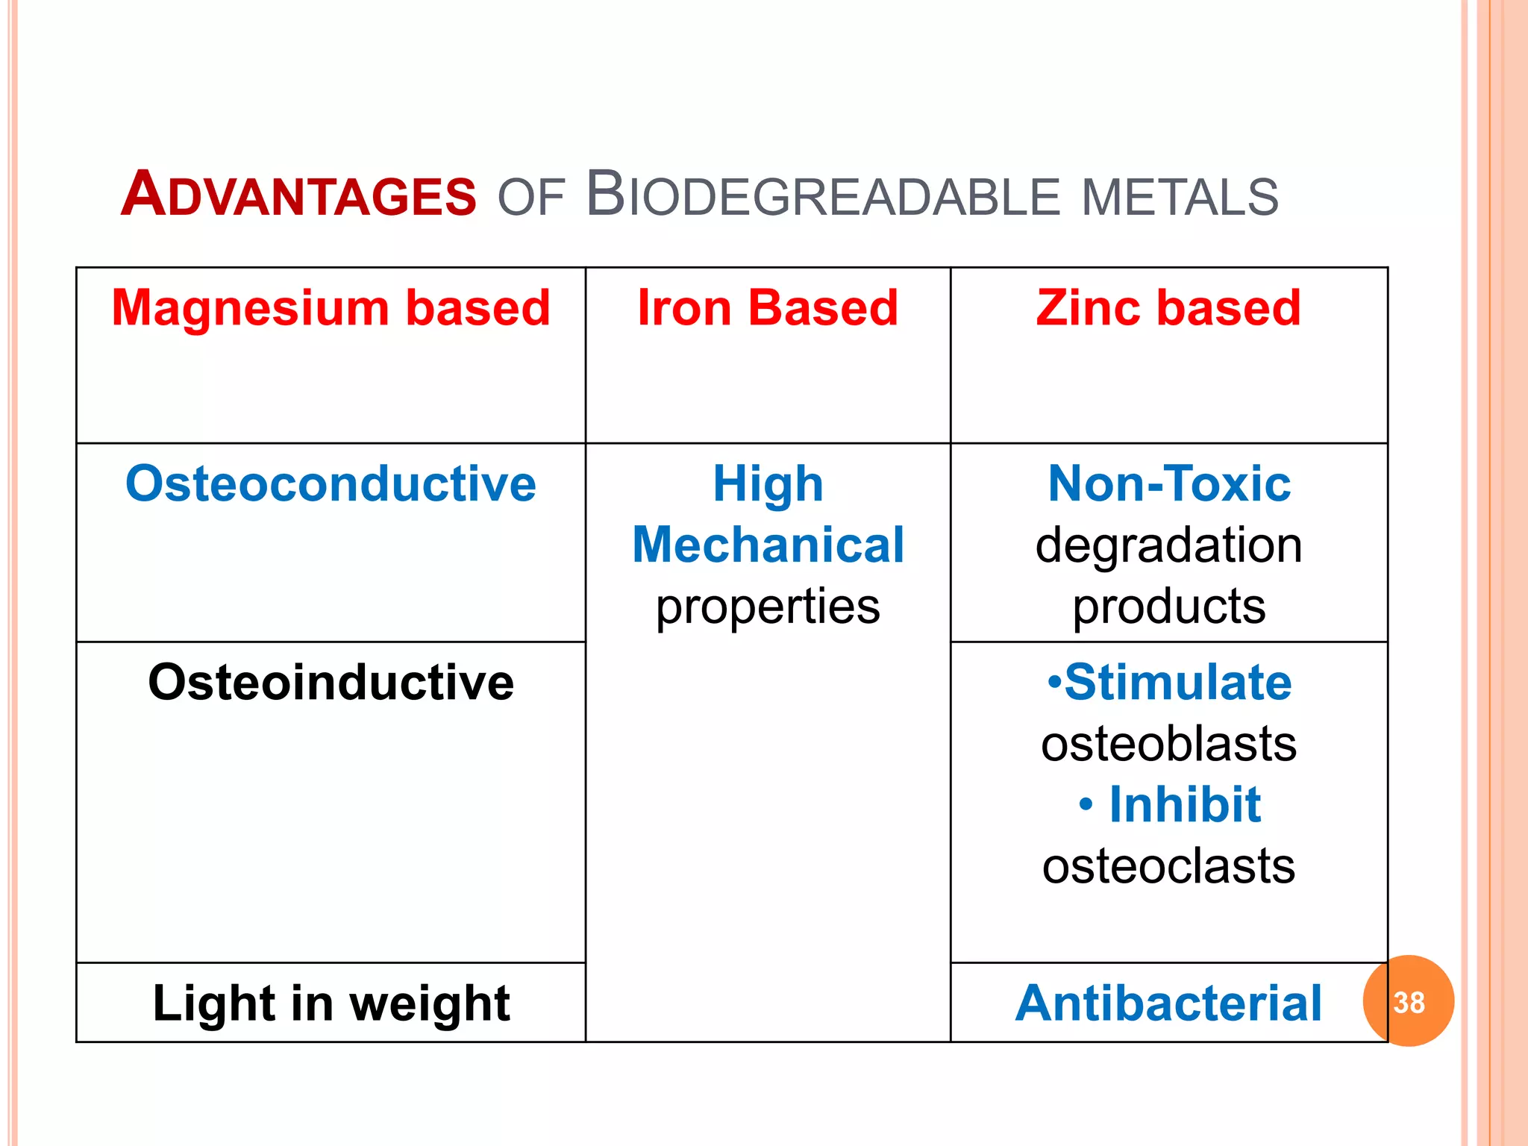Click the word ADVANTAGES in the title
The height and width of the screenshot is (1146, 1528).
[298, 195]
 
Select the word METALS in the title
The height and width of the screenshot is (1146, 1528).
[1180, 197]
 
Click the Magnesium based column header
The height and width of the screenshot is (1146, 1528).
[331, 307]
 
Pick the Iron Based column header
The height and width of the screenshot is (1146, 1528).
[768, 307]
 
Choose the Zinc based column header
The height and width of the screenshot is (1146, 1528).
[1168, 307]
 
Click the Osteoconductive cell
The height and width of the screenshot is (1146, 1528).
[331, 483]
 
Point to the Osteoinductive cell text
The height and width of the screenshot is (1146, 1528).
[331, 682]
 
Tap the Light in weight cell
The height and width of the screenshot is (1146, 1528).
[331, 1003]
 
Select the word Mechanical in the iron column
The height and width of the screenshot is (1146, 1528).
[768, 545]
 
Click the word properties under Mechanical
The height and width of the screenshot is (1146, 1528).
[768, 606]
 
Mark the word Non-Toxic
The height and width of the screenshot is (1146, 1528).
[1168, 483]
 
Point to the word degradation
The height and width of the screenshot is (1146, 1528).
[1168, 545]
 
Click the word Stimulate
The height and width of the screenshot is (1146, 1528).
[1177, 682]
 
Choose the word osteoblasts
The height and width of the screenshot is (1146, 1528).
[1168, 744]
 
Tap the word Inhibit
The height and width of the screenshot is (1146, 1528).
[1185, 805]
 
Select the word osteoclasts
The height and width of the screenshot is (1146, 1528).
[1168, 866]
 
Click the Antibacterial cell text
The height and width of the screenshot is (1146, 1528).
[1168, 1003]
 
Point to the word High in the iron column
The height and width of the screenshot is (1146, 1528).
[768, 483]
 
